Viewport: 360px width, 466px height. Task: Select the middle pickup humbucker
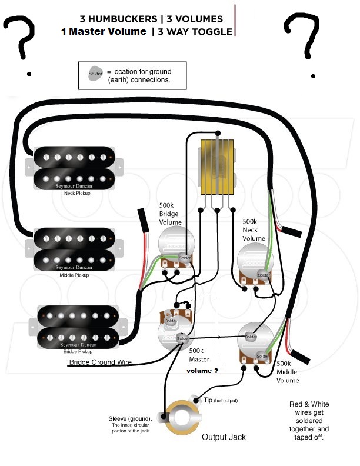71,249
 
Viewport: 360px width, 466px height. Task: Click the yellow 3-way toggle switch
217,167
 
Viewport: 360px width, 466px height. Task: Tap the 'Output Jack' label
224,437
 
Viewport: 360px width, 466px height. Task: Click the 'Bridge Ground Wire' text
101,362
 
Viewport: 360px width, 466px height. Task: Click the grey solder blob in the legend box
95,75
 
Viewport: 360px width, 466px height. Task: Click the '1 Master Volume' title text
103,32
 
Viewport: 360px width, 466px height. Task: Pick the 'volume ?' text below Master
202,371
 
